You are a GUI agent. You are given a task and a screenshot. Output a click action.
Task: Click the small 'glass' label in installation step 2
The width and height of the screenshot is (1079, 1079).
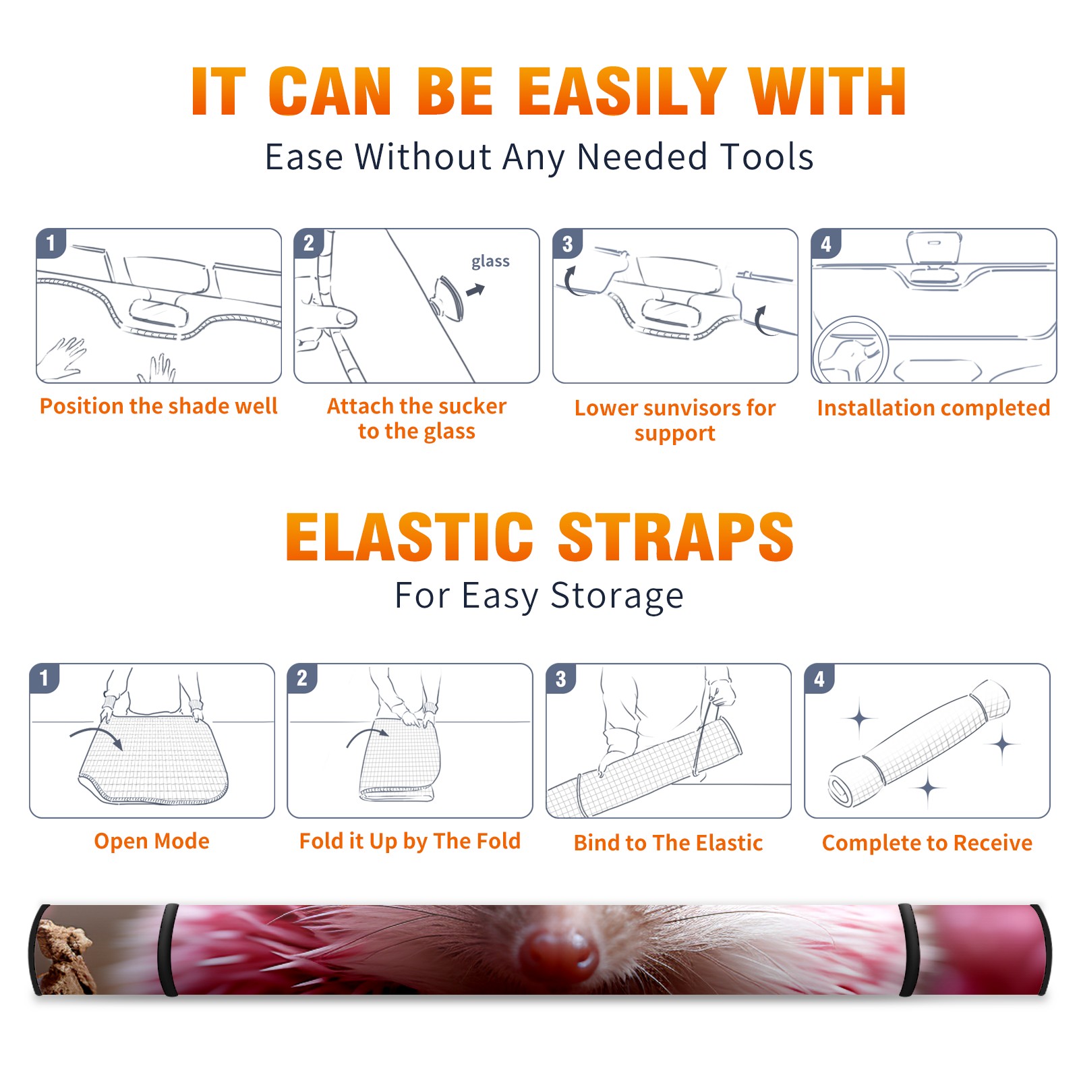pos(490,262)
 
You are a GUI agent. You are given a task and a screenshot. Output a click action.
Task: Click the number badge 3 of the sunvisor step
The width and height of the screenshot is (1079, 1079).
pos(567,243)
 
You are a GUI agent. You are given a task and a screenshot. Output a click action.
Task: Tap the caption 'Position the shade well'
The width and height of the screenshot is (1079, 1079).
pos(158,406)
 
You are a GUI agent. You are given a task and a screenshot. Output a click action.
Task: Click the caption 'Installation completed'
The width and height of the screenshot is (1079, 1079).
pos(933,408)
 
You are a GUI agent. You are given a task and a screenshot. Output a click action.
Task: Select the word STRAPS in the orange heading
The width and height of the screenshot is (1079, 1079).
pos(676,537)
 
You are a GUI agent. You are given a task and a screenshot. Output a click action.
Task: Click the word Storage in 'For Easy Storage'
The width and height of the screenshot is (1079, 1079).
pos(617,596)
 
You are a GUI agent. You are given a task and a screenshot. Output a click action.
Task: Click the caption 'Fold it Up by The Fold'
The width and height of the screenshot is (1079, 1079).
pos(410,841)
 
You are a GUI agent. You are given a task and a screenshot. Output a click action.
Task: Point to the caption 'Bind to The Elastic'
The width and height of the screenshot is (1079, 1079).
pos(668,843)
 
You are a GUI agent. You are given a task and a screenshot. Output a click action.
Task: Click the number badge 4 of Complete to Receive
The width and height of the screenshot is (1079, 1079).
pos(819,678)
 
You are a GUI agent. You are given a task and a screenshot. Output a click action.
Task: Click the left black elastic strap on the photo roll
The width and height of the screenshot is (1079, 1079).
pos(169,950)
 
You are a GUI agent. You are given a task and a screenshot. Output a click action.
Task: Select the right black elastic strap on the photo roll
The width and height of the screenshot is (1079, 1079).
pos(908,950)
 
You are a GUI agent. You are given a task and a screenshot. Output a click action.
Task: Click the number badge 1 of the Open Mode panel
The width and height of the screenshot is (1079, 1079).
pos(44,678)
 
